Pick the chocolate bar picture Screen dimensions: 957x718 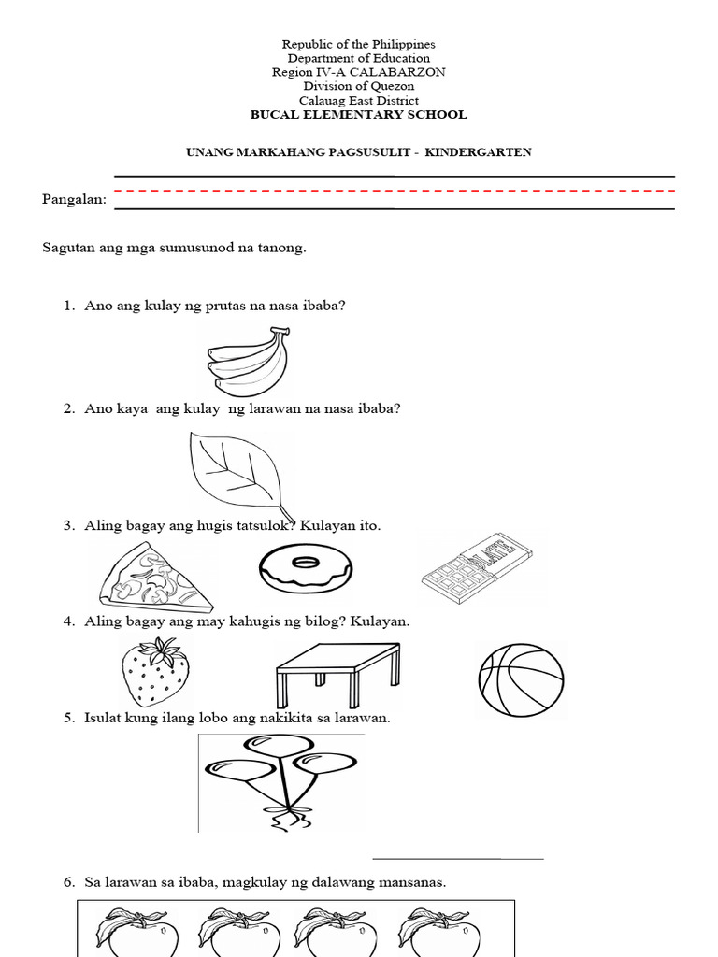click(477, 568)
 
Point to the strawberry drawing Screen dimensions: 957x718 click(155, 672)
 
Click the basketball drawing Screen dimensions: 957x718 click(521, 677)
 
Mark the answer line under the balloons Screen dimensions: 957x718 click(458, 857)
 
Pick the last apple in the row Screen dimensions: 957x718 click(439, 932)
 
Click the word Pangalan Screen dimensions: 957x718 click(74, 199)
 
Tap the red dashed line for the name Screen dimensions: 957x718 click(394, 191)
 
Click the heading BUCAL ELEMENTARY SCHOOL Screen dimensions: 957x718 click(358, 115)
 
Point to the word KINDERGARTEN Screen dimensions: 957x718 click(478, 151)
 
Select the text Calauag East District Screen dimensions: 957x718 click(358, 101)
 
